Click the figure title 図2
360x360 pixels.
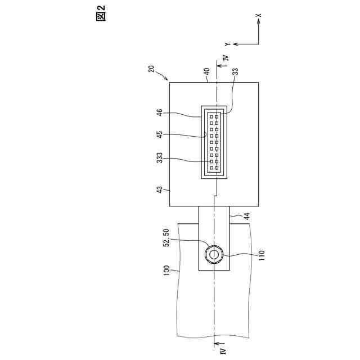pyautogui.click(x=101, y=12)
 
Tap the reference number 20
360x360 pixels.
pyautogui.click(x=151, y=69)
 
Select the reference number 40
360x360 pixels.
pyautogui.click(x=207, y=71)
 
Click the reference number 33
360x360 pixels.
pyautogui.click(x=235, y=71)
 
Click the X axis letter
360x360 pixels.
pyautogui.click(x=258, y=16)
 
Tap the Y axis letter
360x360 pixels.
pyautogui.click(x=227, y=43)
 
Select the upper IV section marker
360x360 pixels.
pyautogui.click(x=225, y=58)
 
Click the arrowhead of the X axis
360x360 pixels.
pyautogui.click(x=258, y=23)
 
